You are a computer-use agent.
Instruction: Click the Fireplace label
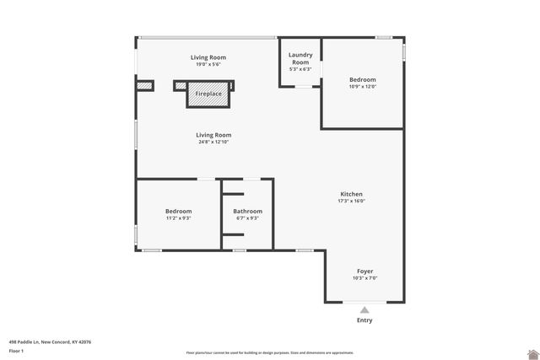(x=208, y=94)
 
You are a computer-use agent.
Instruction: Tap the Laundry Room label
(x=300, y=58)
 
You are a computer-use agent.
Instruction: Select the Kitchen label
(x=351, y=194)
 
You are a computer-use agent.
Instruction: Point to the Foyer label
(x=364, y=271)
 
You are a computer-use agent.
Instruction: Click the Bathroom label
(x=248, y=211)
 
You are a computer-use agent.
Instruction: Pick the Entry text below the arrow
(x=364, y=320)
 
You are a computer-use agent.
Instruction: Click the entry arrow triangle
(x=364, y=309)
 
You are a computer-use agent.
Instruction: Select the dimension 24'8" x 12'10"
(x=213, y=142)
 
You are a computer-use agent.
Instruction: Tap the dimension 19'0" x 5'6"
(x=208, y=65)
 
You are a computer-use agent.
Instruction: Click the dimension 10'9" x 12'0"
(x=363, y=87)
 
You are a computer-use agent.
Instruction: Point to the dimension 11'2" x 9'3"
(x=178, y=218)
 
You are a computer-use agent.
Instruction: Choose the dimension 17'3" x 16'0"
(x=351, y=201)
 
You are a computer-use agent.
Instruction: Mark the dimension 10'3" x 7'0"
(x=364, y=278)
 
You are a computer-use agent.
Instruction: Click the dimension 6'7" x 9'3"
(x=248, y=218)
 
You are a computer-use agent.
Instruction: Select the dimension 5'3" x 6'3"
(x=300, y=69)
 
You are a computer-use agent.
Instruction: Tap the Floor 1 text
(x=16, y=350)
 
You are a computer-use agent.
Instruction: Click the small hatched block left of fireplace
(x=145, y=85)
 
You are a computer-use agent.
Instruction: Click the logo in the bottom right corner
(x=532, y=353)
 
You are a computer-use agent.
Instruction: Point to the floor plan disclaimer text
(x=269, y=352)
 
